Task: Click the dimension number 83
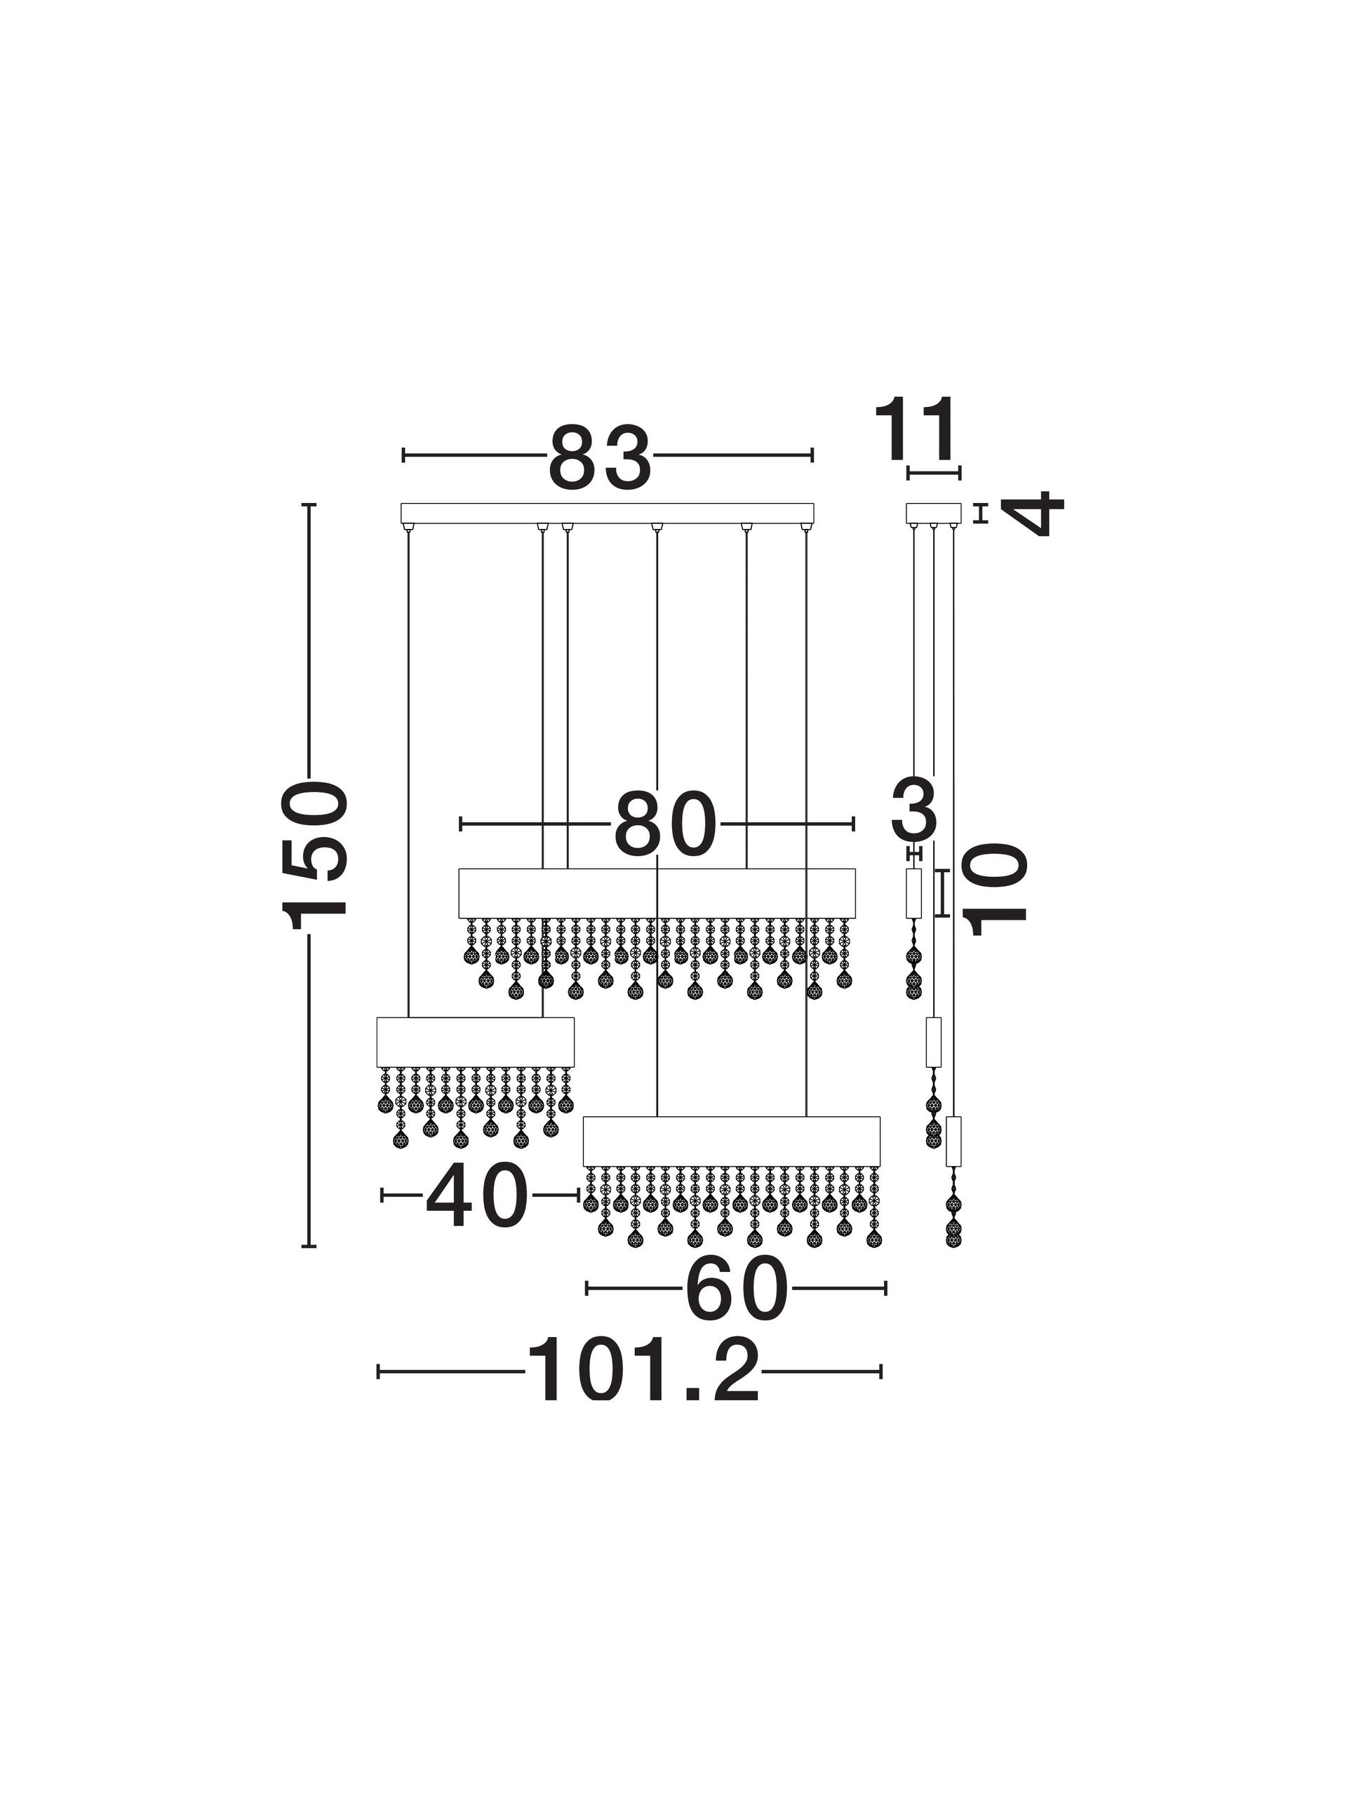pos(600,458)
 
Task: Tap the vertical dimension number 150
pos(316,855)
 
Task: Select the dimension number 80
pos(666,825)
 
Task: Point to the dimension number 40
pos(476,1195)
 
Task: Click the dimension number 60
pos(737,1289)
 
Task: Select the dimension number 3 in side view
pos(916,809)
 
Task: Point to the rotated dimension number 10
pos(998,890)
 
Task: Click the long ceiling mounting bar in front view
pos(608,513)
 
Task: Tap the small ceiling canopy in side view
pos(933,513)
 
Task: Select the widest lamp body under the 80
pos(657,893)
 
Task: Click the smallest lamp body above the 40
pos(476,1043)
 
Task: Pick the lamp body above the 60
pos(732,1141)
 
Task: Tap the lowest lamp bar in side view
pos(954,1141)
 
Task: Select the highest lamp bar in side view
pos(914,893)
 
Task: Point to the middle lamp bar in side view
pos(934,1043)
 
